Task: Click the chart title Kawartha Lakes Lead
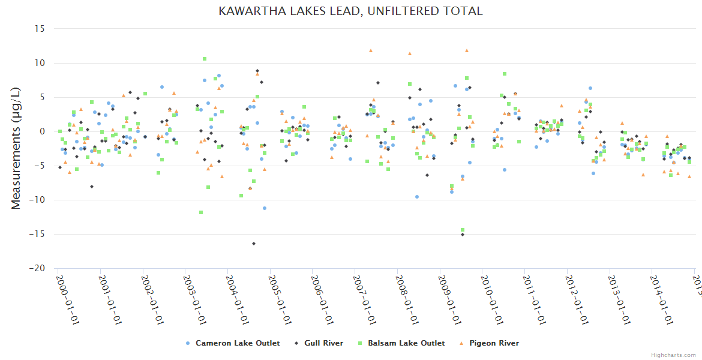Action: click(x=350, y=11)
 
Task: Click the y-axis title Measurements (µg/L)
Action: click(x=16, y=149)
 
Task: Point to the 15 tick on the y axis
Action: click(x=40, y=28)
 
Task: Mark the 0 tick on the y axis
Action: click(x=42, y=131)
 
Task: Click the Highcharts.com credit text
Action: click(x=673, y=355)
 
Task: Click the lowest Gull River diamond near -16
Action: click(x=254, y=244)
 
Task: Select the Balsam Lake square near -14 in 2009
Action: click(x=463, y=230)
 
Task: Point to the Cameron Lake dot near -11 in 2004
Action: click(x=265, y=208)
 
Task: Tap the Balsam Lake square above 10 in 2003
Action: click(x=205, y=59)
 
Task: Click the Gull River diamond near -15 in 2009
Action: click(x=463, y=235)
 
